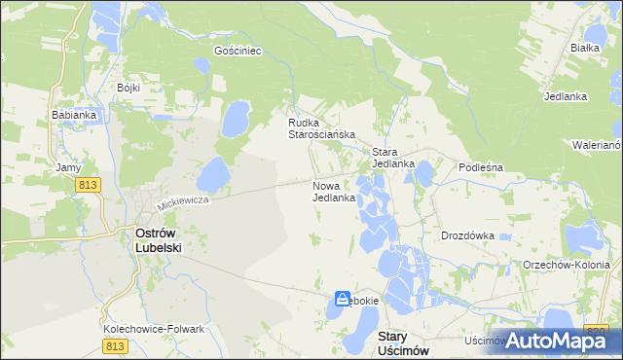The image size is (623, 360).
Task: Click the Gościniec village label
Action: (x=238, y=50)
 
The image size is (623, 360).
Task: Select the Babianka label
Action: (x=73, y=114)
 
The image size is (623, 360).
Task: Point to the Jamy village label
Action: (x=68, y=167)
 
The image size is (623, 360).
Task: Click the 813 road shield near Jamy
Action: (x=91, y=186)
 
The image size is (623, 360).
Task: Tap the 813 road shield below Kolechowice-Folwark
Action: (x=115, y=345)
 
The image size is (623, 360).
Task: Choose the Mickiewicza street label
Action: (x=184, y=201)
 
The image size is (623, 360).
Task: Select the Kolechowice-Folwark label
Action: (x=154, y=329)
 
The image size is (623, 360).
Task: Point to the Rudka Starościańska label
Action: (x=320, y=128)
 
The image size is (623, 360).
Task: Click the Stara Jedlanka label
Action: (x=393, y=158)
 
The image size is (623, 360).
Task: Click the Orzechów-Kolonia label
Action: (x=566, y=265)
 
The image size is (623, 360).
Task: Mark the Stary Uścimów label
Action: (x=401, y=342)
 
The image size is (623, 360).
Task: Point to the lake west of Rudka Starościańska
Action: (x=236, y=119)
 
